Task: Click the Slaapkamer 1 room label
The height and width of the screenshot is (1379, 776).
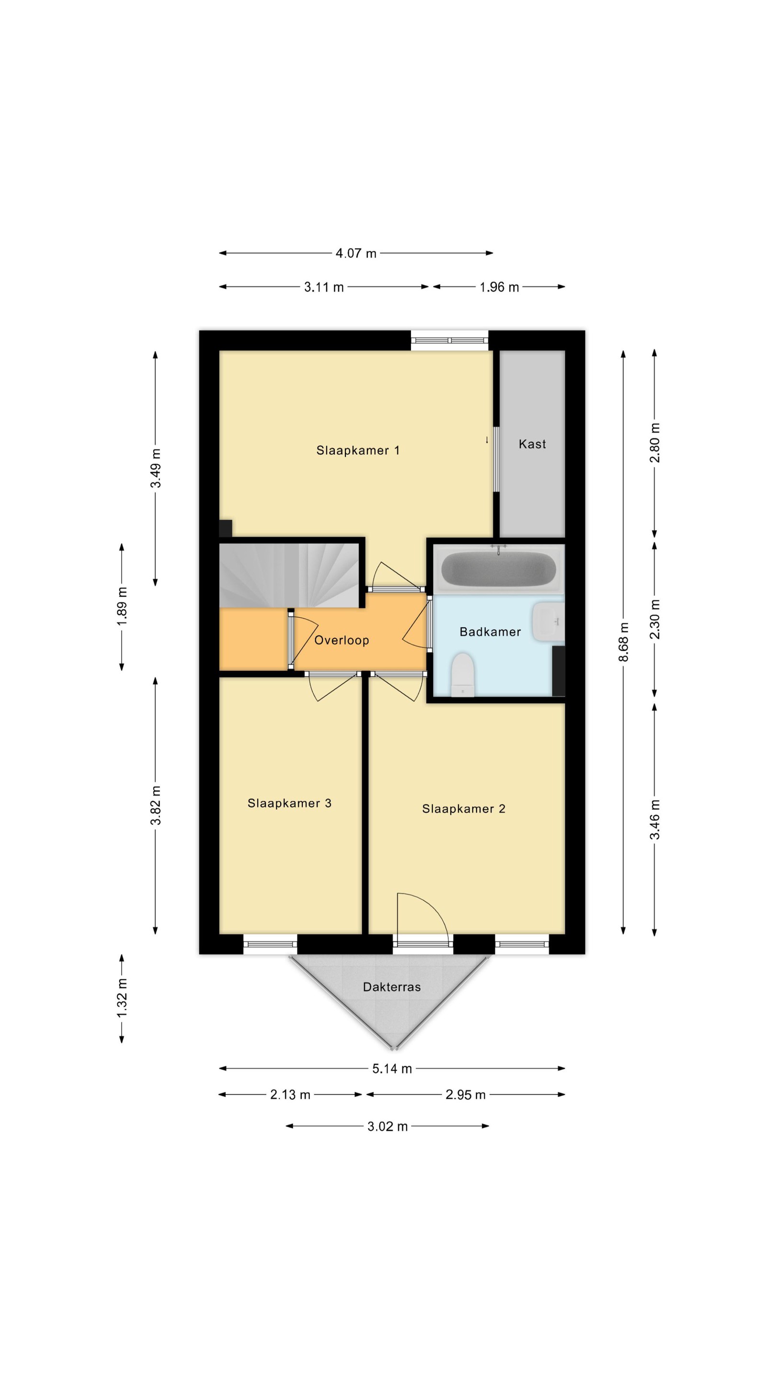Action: coord(358,450)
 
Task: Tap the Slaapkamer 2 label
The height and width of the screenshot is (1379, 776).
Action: coord(463,808)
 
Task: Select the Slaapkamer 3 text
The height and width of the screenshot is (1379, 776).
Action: coord(289,803)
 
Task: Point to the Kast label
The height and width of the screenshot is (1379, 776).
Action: coord(532,444)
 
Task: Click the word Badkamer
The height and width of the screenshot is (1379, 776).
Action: coord(490,632)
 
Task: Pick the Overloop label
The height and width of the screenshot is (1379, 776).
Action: coord(341,640)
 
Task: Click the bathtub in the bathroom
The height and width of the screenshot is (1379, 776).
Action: coord(498,568)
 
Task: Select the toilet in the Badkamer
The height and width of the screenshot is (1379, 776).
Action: coord(463,675)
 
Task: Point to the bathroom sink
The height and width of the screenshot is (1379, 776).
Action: coord(548,622)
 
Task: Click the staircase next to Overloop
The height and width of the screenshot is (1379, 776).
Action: coord(289,576)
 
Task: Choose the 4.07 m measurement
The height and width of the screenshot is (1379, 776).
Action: coord(355,253)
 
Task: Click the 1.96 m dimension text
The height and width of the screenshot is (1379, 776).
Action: coord(499,287)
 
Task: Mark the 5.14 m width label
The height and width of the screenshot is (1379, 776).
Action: coord(392,1069)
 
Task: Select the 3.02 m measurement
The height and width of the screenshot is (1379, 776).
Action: coord(387,1126)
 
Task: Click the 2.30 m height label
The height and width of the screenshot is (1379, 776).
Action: coord(654,620)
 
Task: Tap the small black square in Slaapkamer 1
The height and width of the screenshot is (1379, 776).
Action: coord(226,528)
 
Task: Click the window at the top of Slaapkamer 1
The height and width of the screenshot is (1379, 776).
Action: coord(449,340)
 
